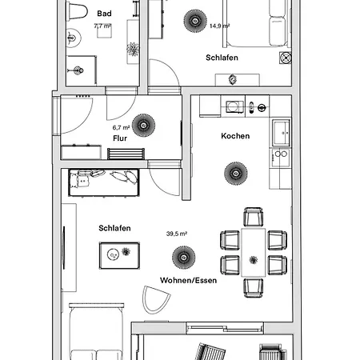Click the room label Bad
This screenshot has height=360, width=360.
(x=104, y=14)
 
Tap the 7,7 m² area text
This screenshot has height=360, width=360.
(x=103, y=26)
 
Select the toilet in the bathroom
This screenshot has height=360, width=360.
(x=77, y=10)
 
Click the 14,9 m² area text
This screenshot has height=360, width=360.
(x=219, y=26)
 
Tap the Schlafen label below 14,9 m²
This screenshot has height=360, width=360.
(x=219, y=58)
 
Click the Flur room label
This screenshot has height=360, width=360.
(x=120, y=138)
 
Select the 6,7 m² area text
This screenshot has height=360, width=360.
(x=121, y=126)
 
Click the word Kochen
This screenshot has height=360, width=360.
(x=235, y=136)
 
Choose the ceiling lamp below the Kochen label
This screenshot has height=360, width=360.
(x=234, y=171)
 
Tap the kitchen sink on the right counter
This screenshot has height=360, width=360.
(x=281, y=130)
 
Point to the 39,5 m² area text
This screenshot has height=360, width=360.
(x=176, y=234)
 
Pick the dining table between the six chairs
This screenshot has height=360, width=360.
(x=254, y=251)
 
